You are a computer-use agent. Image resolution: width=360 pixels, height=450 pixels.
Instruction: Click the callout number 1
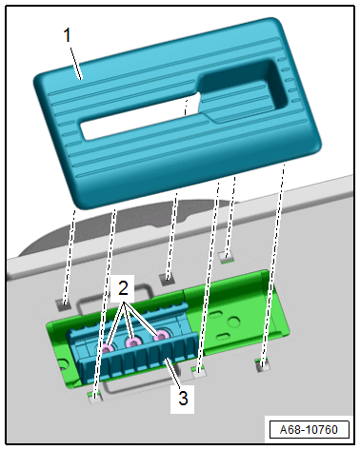67,35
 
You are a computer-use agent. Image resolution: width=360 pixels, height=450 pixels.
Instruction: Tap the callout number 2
123,289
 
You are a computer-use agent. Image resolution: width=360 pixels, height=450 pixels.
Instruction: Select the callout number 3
183,398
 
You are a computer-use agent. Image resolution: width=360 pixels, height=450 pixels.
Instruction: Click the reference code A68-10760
309,430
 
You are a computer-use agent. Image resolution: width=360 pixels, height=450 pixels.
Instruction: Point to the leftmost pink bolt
108,348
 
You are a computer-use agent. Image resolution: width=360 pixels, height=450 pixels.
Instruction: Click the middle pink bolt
132,342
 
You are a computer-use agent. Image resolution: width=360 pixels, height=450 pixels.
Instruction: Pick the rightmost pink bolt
161,336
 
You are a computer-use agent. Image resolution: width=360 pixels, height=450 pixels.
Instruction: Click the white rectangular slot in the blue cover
141,118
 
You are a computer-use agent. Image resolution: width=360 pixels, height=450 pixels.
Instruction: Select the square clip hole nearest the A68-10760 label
262,364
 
